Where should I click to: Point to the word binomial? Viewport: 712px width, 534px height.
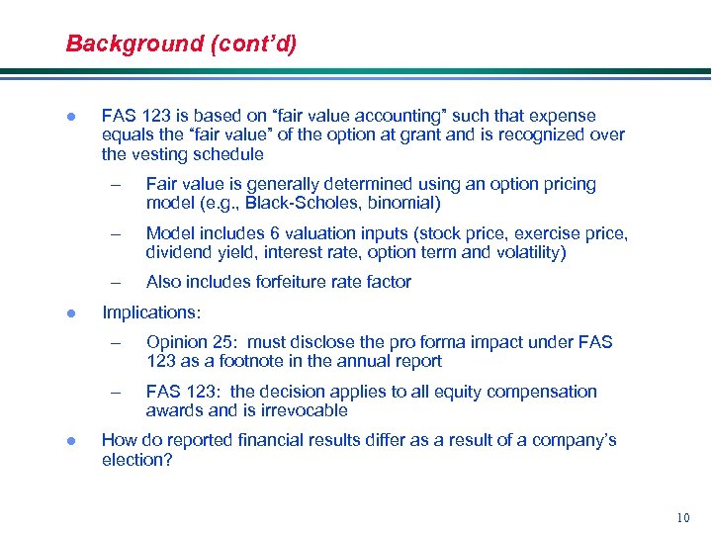pyautogui.click(x=400, y=204)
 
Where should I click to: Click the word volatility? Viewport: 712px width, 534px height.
pyautogui.click(x=526, y=253)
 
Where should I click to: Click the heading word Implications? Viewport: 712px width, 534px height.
pyautogui.click(x=150, y=312)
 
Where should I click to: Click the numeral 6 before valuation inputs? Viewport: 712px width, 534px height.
pyautogui.click(x=273, y=233)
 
